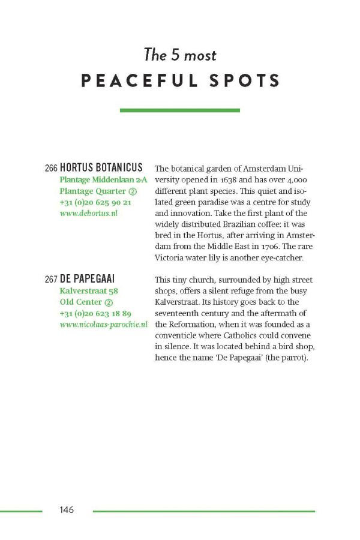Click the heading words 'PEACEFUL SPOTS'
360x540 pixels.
180,81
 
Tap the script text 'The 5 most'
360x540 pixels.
180,55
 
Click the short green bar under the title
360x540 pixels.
180,110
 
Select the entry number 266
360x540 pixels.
51,169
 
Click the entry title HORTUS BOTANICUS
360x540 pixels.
101,168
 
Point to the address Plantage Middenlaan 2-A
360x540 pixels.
103,180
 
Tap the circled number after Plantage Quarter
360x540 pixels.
133,191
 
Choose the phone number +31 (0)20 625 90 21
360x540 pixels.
95,202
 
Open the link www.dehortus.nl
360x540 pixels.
88,214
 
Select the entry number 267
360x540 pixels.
51,280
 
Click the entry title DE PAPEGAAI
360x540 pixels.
87,279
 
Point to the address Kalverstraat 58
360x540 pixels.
89,291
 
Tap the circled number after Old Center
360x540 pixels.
109,302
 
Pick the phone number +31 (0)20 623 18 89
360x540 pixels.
95,313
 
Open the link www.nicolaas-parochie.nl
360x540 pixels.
103,325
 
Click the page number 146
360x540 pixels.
66,510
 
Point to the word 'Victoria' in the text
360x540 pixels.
171,258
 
